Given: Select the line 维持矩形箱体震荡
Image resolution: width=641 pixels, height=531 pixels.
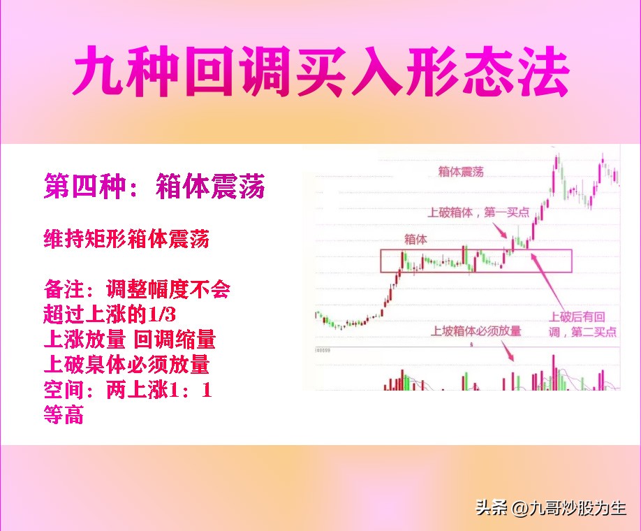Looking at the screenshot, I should click(x=126, y=240).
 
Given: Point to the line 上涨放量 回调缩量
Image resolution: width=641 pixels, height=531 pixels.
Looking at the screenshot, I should click(x=129, y=340).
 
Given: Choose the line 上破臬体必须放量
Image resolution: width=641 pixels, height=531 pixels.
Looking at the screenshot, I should click(x=126, y=365).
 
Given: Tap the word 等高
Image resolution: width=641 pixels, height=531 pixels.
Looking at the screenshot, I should click(x=64, y=416).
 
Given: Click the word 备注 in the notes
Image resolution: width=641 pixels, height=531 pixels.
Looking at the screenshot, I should click(x=64, y=289).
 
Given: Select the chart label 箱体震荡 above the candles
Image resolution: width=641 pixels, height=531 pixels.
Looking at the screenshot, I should click(x=461, y=171).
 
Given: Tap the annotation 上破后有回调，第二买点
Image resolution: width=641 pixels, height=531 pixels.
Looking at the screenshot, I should click(x=582, y=324).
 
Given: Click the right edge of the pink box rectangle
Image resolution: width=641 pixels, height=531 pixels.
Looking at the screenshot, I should click(x=572, y=261).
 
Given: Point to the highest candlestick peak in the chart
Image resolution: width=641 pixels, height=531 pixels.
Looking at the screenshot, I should click(x=557, y=157).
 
